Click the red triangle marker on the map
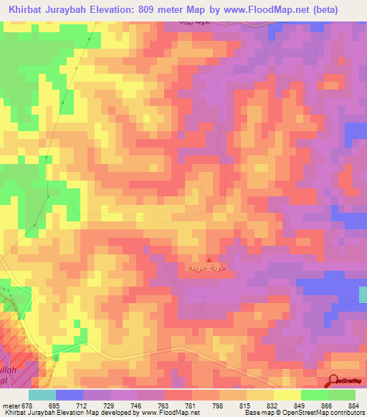209,260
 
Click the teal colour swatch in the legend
42,395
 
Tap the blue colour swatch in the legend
70,395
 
